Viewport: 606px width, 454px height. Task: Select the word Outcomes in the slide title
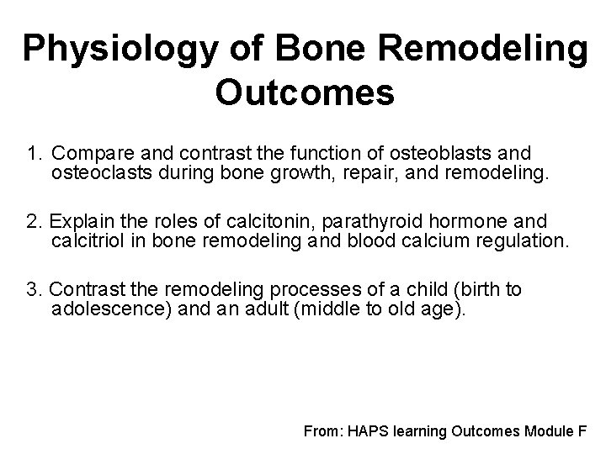point(304,93)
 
